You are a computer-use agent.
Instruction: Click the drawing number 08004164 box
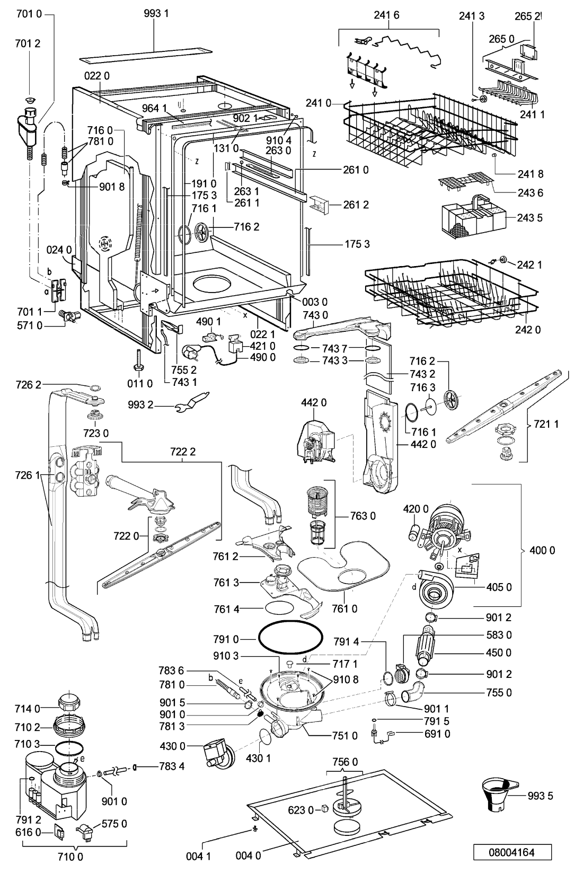(x=512, y=852)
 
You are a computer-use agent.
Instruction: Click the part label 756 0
(x=344, y=762)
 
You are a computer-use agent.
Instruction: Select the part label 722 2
(x=183, y=452)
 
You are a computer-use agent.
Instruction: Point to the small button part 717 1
(x=290, y=663)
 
